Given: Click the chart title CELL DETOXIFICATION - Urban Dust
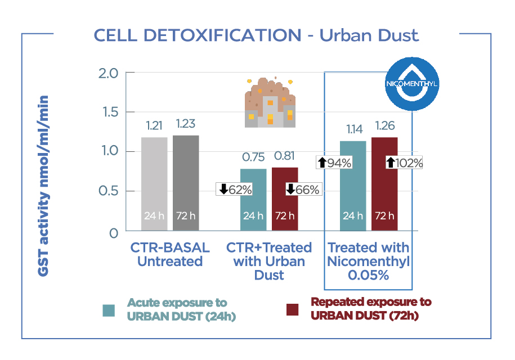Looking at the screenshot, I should [256, 35].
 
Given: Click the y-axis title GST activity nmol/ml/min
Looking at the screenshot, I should [44, 186].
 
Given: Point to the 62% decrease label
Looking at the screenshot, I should [235, 190].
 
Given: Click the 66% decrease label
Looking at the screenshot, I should [303, 190].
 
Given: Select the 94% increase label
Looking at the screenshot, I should [335, 163].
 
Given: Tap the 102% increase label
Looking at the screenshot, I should [404, 163].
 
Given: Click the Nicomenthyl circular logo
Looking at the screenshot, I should [413, 83].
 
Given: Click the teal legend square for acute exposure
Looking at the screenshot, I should [109, 310].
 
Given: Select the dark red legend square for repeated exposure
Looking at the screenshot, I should [292, 310].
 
